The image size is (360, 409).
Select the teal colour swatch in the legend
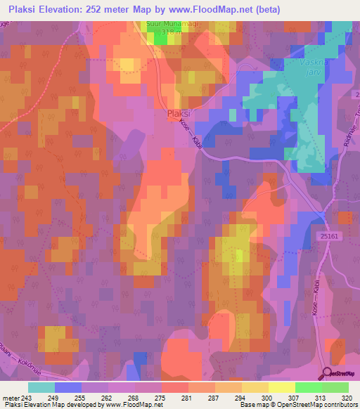(x=41, y=387)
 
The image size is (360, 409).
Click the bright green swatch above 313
(x=308, y=387)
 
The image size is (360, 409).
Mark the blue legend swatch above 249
(x=68, y=387)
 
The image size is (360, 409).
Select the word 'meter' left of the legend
(x=10, y=397)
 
